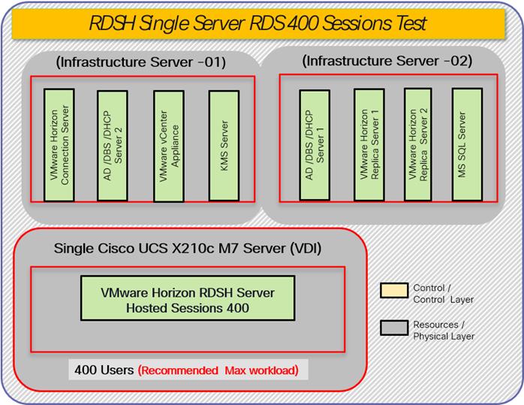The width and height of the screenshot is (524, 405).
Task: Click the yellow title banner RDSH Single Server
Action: tap(262, 24)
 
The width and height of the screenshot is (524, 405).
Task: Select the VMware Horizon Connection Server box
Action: tap(59, 144)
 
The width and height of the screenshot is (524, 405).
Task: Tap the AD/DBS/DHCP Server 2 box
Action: tap(111, 144)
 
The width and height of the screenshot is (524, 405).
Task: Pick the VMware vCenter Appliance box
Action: tap(168, 144)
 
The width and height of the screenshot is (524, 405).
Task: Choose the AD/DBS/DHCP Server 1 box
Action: tap(314, 144)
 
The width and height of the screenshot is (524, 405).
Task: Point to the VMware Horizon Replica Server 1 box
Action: tap(368, 144)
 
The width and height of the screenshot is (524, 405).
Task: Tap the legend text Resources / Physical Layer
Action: tap(444, 331)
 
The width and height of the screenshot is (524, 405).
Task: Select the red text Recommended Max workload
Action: tap(218, 371)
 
